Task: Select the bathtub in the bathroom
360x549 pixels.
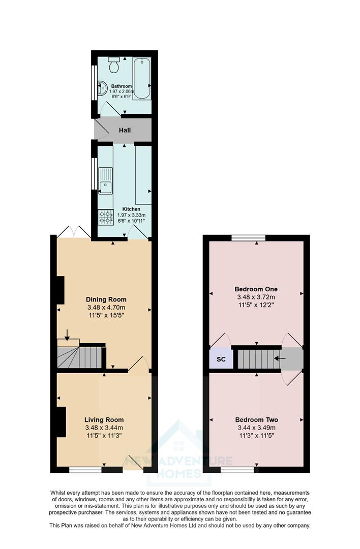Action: [x=141, y=79]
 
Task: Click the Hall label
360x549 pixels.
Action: [x=125, y=130]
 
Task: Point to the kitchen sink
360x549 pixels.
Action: [x=106, y=180]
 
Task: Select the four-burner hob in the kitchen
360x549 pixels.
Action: [x=106, y=218]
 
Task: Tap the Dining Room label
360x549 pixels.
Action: [x=106, y=299]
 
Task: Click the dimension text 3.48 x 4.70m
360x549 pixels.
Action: [x=106, y=308]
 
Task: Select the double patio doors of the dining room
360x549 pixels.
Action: [x=74, y=232]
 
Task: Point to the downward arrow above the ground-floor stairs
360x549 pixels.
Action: [x=67, y=333]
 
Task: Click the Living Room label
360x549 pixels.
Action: [x=104, y=420]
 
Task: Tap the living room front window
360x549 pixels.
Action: [x=85, y=470]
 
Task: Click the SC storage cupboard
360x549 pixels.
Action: [x=221, y=359]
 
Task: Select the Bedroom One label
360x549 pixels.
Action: [x=256, y=289]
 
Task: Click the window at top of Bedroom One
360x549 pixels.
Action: [x=249, y=237]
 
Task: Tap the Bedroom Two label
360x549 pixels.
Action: [x=256, y=420]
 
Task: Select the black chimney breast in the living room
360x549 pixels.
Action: [x=61, y=421]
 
